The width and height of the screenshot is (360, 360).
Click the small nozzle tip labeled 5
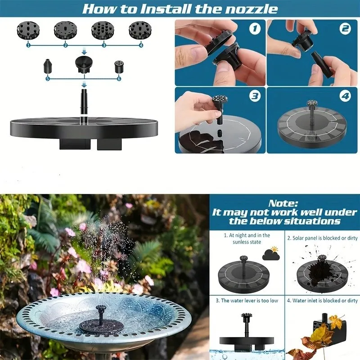[47, 66]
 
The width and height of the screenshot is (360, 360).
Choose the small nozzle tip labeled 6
[118, 67]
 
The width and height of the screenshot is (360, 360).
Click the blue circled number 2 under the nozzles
[66, 45]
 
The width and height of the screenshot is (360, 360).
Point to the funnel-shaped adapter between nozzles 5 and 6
[84, 64]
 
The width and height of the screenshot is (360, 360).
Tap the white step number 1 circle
[255, 29]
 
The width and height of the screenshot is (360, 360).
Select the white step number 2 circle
[345, 29]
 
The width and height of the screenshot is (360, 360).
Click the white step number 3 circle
[255, 96]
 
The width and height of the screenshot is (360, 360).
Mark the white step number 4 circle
[345, 96]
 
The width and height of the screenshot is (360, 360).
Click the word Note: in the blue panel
[283, 203]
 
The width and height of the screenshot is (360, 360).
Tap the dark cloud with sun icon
[271, 253]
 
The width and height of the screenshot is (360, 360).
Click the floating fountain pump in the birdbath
[99, 323]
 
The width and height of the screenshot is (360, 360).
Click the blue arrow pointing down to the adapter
[84, 51]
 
